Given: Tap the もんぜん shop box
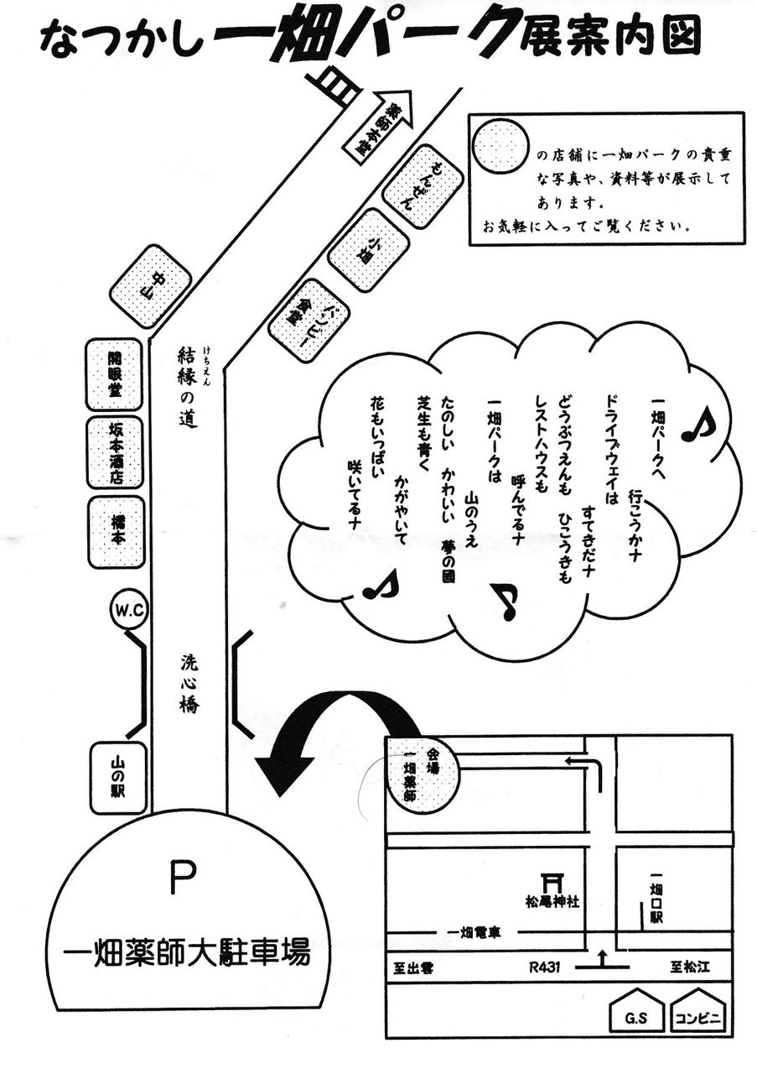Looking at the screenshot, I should [x=422, y=186].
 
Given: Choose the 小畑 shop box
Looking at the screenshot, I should [x=368, y=250].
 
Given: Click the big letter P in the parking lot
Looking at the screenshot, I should [x=182, y=878].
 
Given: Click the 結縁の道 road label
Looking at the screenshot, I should [x=188, y=387].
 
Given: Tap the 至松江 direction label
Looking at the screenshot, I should [x=689, y=967].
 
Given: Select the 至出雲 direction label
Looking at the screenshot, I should [x=413, y=967].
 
